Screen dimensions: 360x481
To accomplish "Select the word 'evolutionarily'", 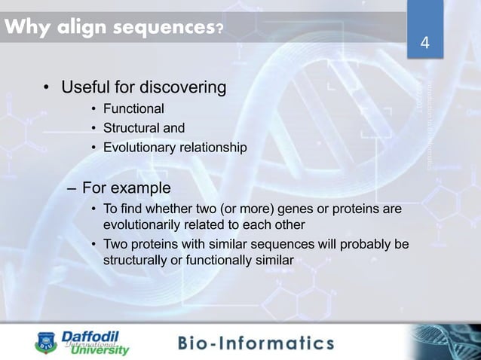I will (143, 224).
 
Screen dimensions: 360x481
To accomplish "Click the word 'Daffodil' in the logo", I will (88, 336).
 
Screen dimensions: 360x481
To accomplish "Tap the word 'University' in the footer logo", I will (100, 349).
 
